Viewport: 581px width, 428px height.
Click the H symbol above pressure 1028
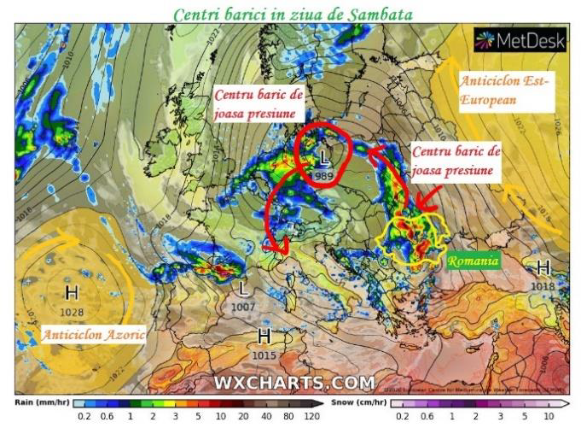tap(72, 293)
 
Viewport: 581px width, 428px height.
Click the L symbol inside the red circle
tap(323, 158)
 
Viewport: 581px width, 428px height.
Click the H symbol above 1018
tap(543, 268)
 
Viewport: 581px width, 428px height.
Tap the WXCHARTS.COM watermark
tap(294, 382)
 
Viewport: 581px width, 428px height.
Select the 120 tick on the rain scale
tap(313, 416)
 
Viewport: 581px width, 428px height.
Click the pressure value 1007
tap(243, 305)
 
